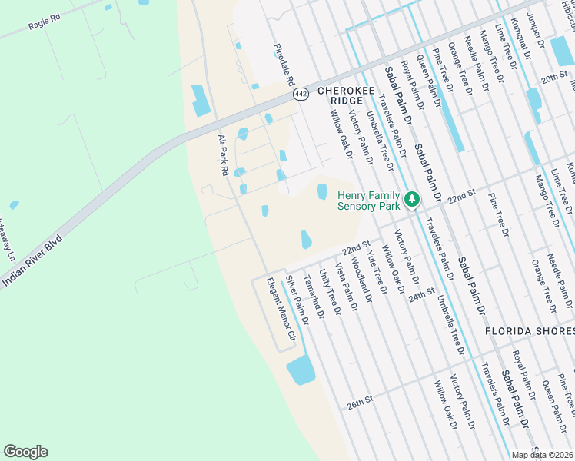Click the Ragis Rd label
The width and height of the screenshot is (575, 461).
(x=44, y=25)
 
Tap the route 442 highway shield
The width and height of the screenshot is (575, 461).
(x=300, y=93)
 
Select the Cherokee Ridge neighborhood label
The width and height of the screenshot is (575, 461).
(x=352, y=95)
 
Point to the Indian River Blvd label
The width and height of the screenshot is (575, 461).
(x=31, y=261)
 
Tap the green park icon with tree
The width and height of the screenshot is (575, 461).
(x=412, y=200)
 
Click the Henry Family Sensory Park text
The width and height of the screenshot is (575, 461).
(x=369, y=201)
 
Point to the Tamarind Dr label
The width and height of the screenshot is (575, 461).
(x=314, y=296)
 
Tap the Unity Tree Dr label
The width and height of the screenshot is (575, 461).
(x=330, y=293)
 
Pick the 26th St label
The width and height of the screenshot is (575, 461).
(x=359, y=401)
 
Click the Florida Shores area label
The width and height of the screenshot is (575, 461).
(x=529, y=331)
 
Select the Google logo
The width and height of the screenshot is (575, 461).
(x=25, y=452)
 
